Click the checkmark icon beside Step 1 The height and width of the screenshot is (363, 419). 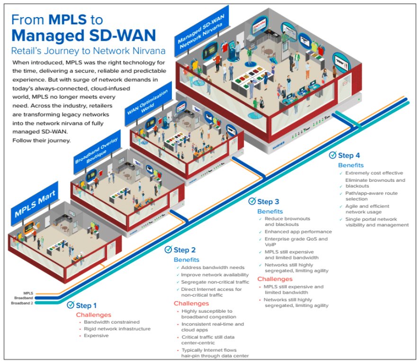tap(71, 305)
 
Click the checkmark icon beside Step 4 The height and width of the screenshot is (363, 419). tap(332, 155)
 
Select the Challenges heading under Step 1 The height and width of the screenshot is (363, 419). tap(94, 315)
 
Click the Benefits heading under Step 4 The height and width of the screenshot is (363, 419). tap(351, 165)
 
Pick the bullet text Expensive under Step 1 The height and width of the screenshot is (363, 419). tap(97, 335)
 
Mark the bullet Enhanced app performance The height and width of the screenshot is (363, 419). tap(298, 232)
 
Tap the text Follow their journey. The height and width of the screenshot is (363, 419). tap(41, 140)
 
